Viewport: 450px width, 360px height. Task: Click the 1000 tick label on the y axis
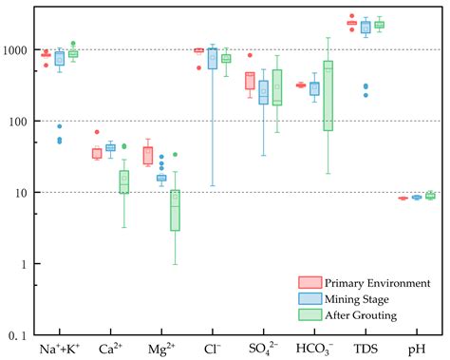pyautogui.click(x=20, y=49)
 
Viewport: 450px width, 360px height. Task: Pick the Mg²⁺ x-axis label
pyautogui.click(x=161, y=349)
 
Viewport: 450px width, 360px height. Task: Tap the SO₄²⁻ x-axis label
pyautogui.click(x=264, y=349)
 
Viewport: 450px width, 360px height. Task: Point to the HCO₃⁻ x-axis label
pyautogui.click(x=315, y=349)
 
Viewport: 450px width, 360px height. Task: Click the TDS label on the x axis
pyautogui.click(x=366, y=349)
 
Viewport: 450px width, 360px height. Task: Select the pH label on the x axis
pyautogui.click(x=417, y=349)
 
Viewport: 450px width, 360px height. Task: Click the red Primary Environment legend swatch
pyautogui.click(x=309, y=282)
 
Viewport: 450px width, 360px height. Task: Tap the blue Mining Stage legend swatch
pyautogui.click(x=309, y=298)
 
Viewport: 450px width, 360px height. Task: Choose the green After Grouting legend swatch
pyautogui.click(x=309, y=315)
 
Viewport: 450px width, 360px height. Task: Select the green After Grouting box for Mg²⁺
pyautogui.click(x=175, y=210)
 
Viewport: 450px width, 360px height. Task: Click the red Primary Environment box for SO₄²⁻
pyautogui.click(x=251, y=81)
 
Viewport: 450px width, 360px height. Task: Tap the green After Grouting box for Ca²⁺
pyautogui.click(x=123, y=181)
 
